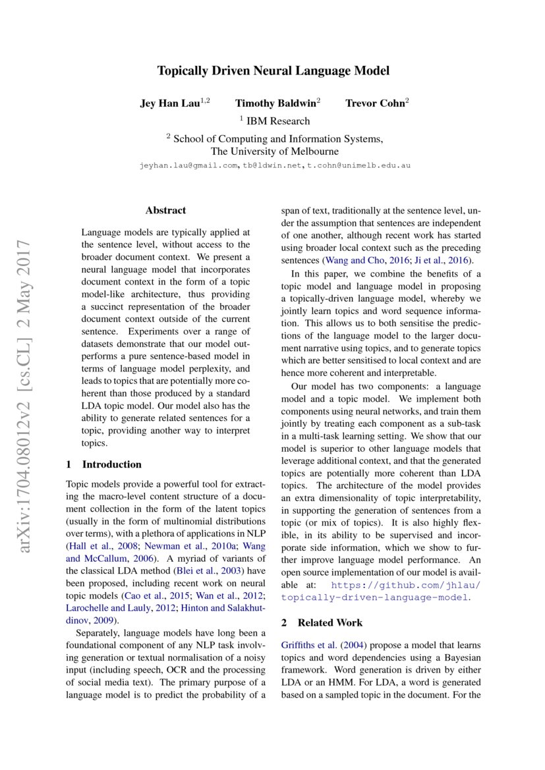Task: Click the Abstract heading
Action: pos(165,211)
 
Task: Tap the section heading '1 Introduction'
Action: pos(104,464)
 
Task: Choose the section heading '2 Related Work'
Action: pos(322,622)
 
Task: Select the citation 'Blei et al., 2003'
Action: pos(206,571)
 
